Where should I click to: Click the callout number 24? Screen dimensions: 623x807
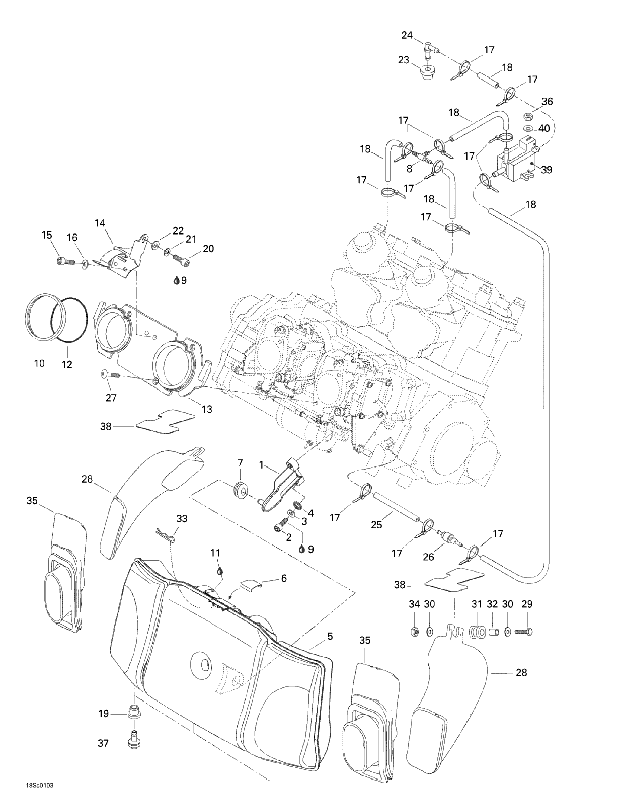tap(407, 35)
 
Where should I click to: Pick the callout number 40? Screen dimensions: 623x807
tap(544, 129)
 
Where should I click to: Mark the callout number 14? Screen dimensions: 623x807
tap(100, 223)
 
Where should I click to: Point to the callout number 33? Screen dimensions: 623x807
tap(182, 519)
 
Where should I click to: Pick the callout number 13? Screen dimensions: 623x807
tap(207, 409)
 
